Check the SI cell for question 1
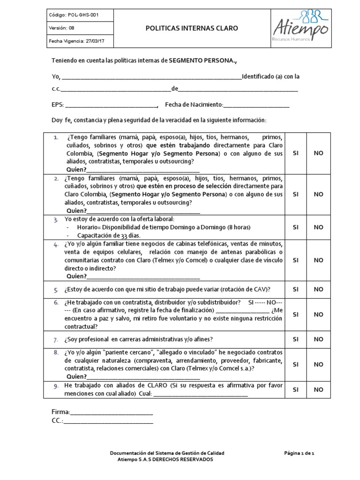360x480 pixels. tap(295, 153)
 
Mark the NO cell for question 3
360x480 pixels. tap(318, 227)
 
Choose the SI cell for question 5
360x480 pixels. tap(295, 289)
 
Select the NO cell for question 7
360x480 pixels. tap(318, 339)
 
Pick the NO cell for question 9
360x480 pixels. tap(318, 389)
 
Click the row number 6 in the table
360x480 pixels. tap(56, 302)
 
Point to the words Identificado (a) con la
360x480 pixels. tap(270, 76)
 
